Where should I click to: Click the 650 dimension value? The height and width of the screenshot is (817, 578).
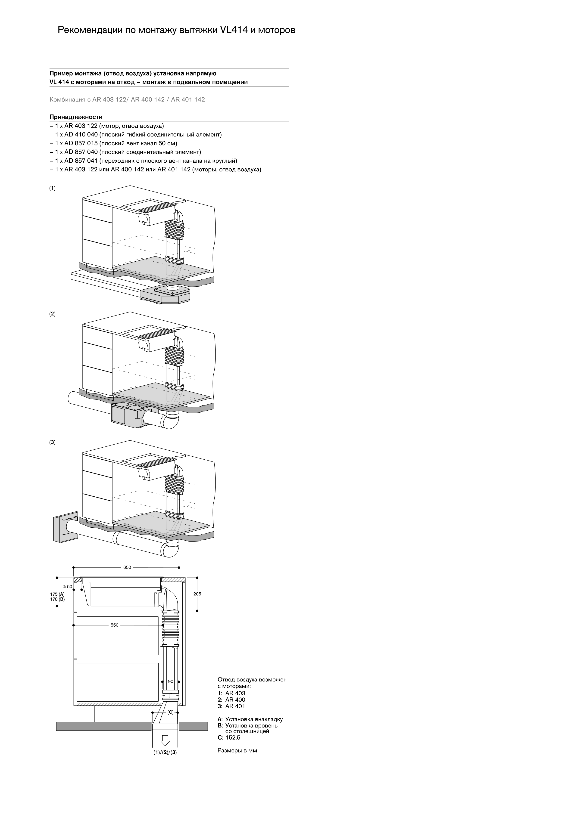[x=127, y=567]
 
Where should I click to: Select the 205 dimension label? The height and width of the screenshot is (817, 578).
[x=197, y=594]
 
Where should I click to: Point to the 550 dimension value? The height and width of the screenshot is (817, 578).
[x=114, y=625]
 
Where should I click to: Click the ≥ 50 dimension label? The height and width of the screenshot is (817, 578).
[x=67, y=586]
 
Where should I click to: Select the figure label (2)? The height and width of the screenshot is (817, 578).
[x=52, y=314]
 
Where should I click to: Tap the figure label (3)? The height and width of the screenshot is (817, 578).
[x=52, y=442]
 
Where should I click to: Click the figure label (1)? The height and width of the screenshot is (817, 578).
[x=52, y=188]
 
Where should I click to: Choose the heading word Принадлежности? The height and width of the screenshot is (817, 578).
[x=76, y=117]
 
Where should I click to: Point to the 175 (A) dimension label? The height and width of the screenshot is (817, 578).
[x=57, y=594]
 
